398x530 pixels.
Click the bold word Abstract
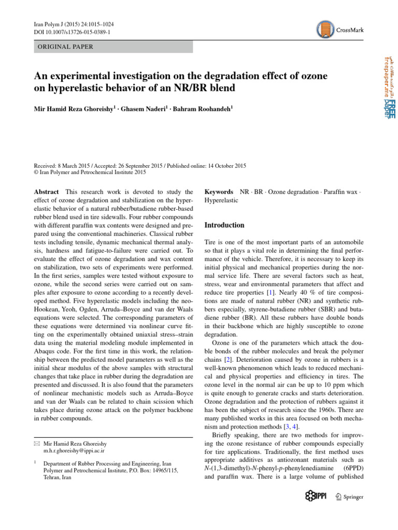46,192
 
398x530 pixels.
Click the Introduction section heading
224,225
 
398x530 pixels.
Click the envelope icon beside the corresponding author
36,444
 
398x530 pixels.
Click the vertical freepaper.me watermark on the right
388,85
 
